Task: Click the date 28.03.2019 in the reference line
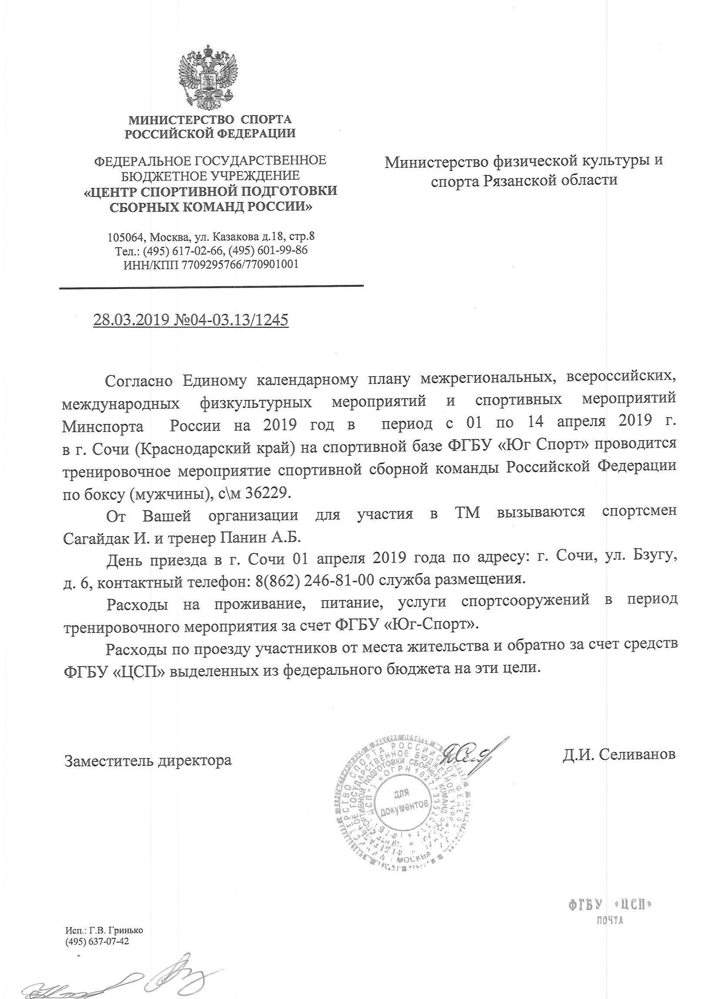131,320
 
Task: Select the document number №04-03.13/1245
231,320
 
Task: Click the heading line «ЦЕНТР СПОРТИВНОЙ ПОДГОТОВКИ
211,191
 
